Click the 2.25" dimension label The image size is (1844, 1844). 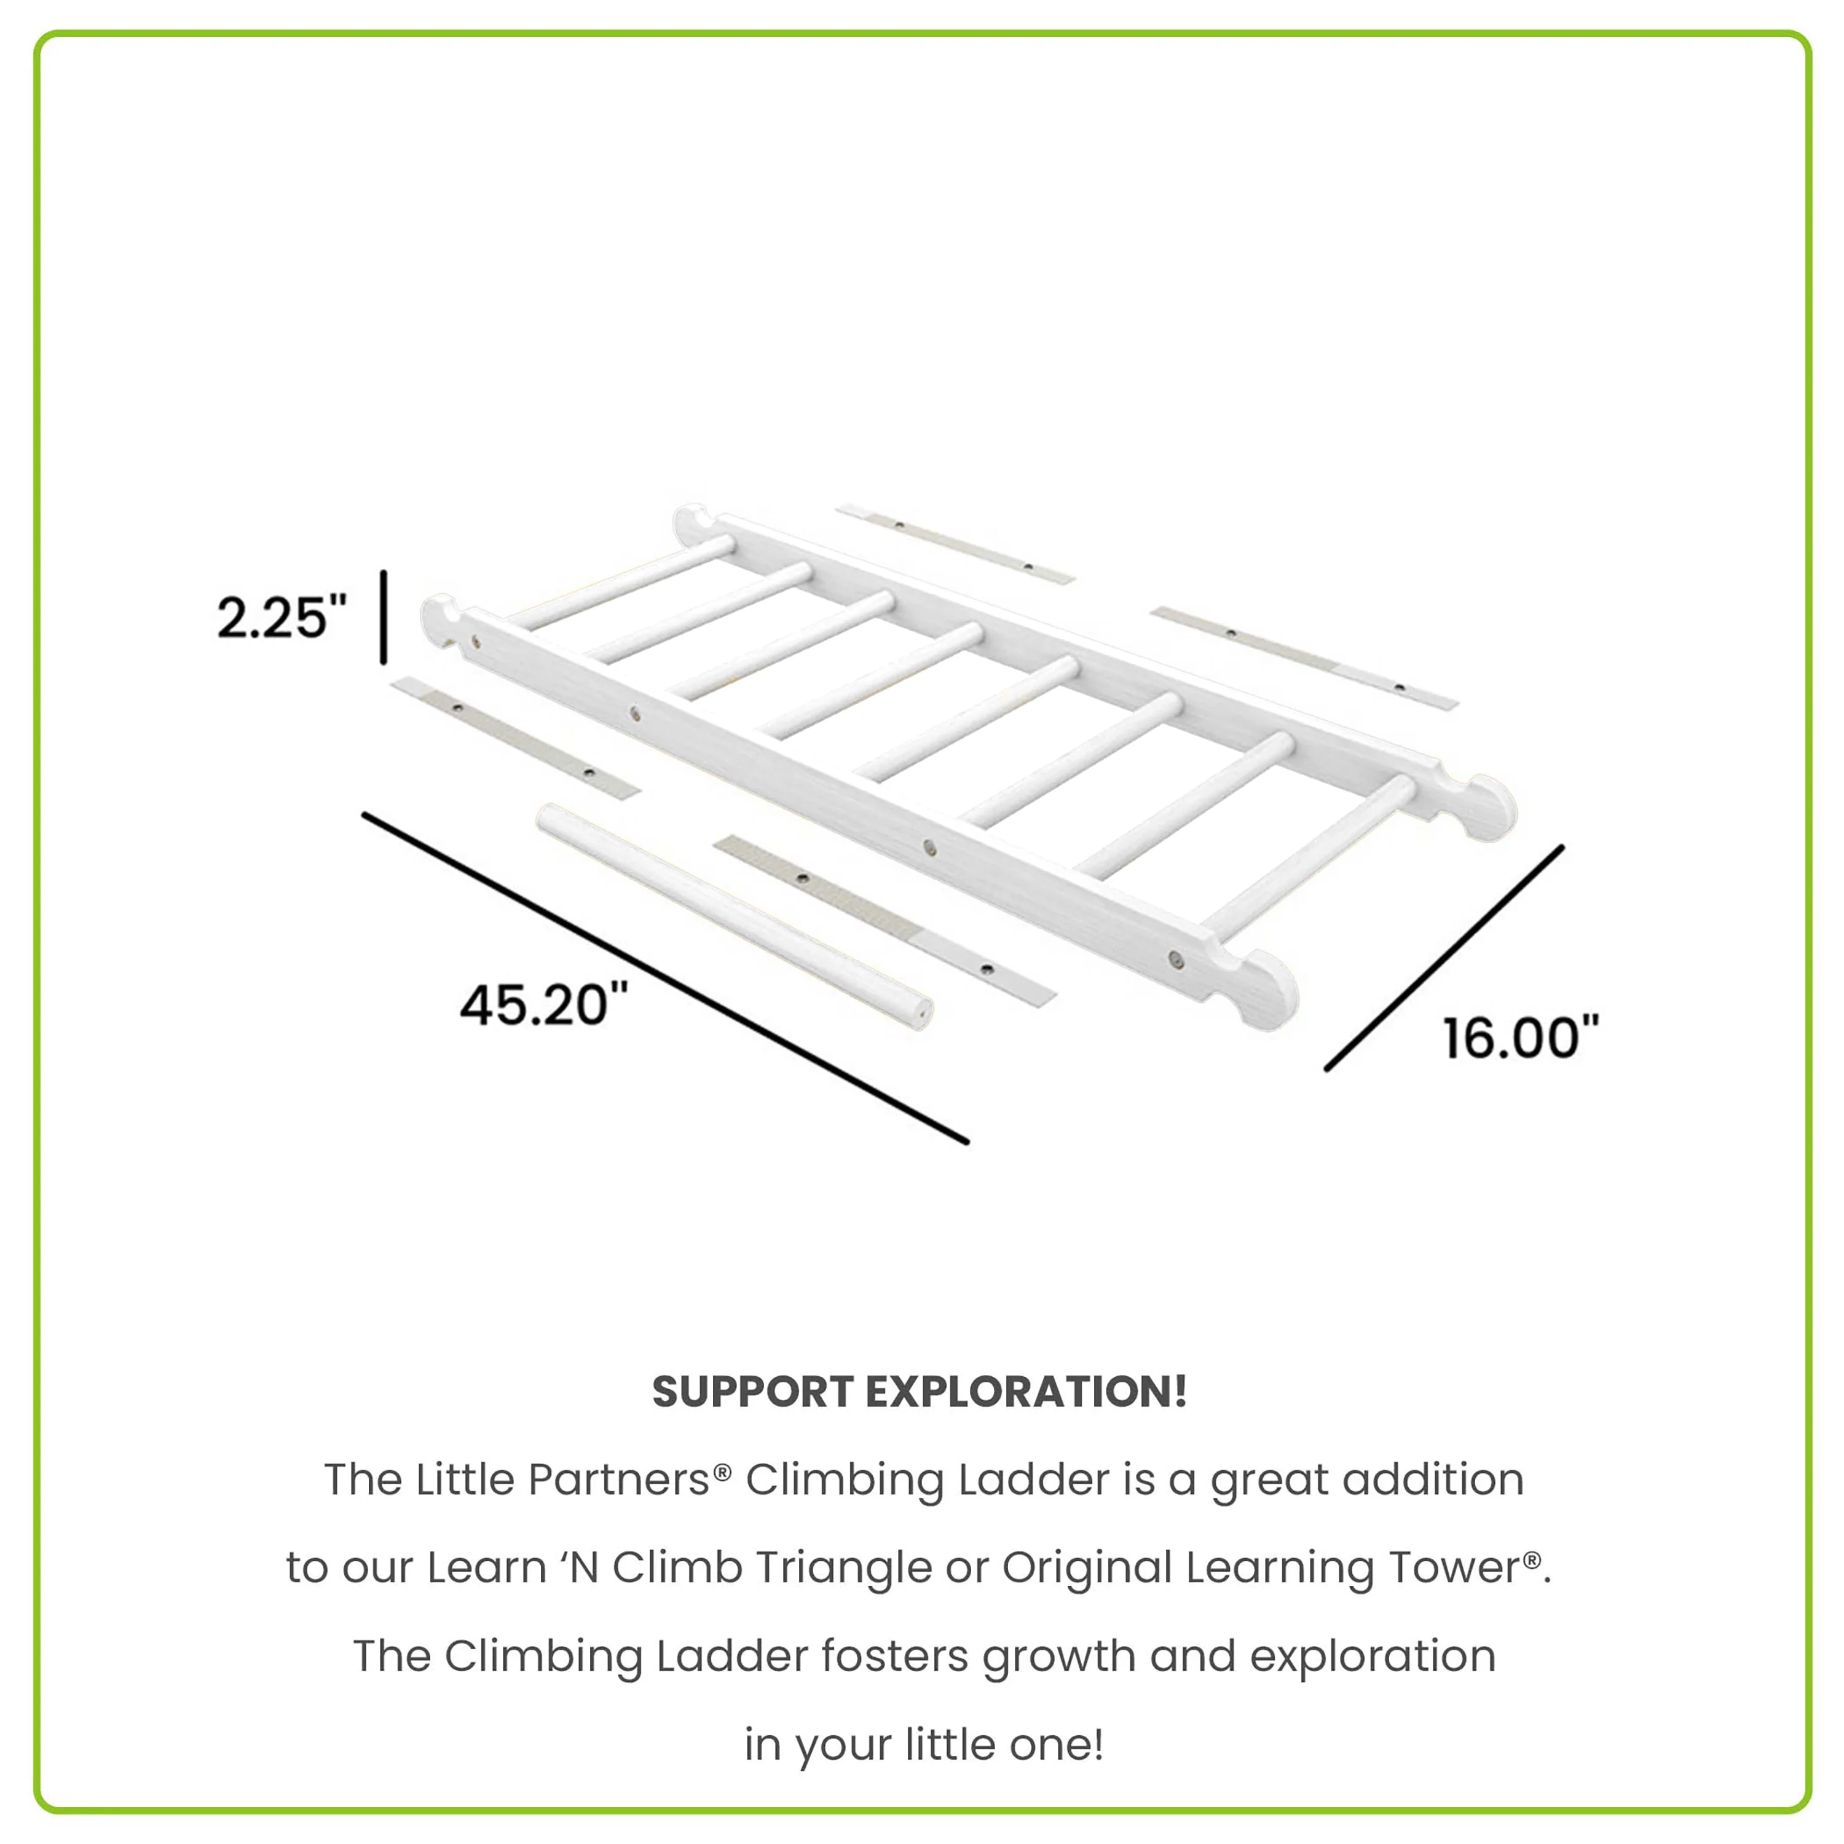click(282, 618)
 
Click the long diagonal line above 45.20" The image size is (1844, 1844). click(665, 977)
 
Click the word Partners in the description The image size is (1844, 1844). click(618, 1480)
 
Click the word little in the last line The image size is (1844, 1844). click(955, 1745)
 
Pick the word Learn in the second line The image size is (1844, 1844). click(487, 1567)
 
